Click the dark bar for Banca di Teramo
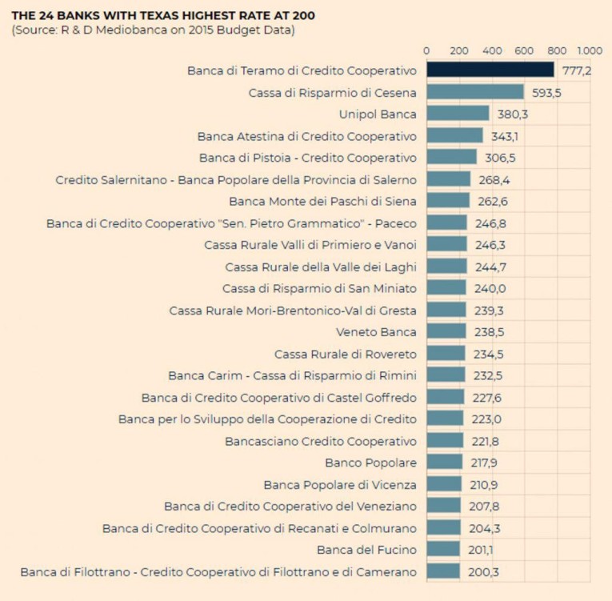tap(490, 70)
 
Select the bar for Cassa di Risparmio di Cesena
tap(474, 92)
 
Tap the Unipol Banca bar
tap(458, 114)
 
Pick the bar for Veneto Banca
tap(446, 331)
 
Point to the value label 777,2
tap(576, 70)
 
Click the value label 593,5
tap(546, 92)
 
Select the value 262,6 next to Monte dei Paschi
tap(492, 201)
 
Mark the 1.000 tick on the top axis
tap(589, 50)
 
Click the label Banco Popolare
tap(370, 463)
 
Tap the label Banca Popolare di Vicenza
tap(340, 484)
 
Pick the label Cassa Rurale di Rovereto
tap(346, 354)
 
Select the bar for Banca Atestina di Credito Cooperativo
tap(454, 136)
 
